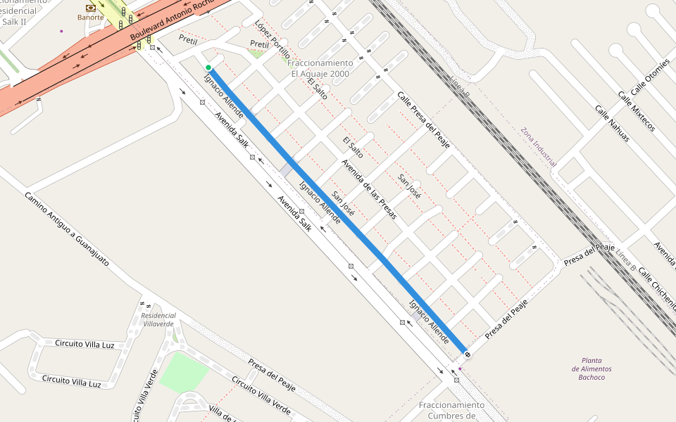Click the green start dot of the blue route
coord(208,68)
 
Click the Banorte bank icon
coord(90,8)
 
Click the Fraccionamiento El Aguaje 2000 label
coord(319,68)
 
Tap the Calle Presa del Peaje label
coord(423,120)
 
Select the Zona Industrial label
coord(538,146)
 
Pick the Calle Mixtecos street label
coord(637,111)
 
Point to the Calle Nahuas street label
coord(611,124)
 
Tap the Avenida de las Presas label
coord(369,188)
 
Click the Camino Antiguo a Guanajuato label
coord(67,228)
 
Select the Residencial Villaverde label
coord(158,319)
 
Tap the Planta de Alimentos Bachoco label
coord(591,369)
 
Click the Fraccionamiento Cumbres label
coord(451,409)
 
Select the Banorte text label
coord(90,18)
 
